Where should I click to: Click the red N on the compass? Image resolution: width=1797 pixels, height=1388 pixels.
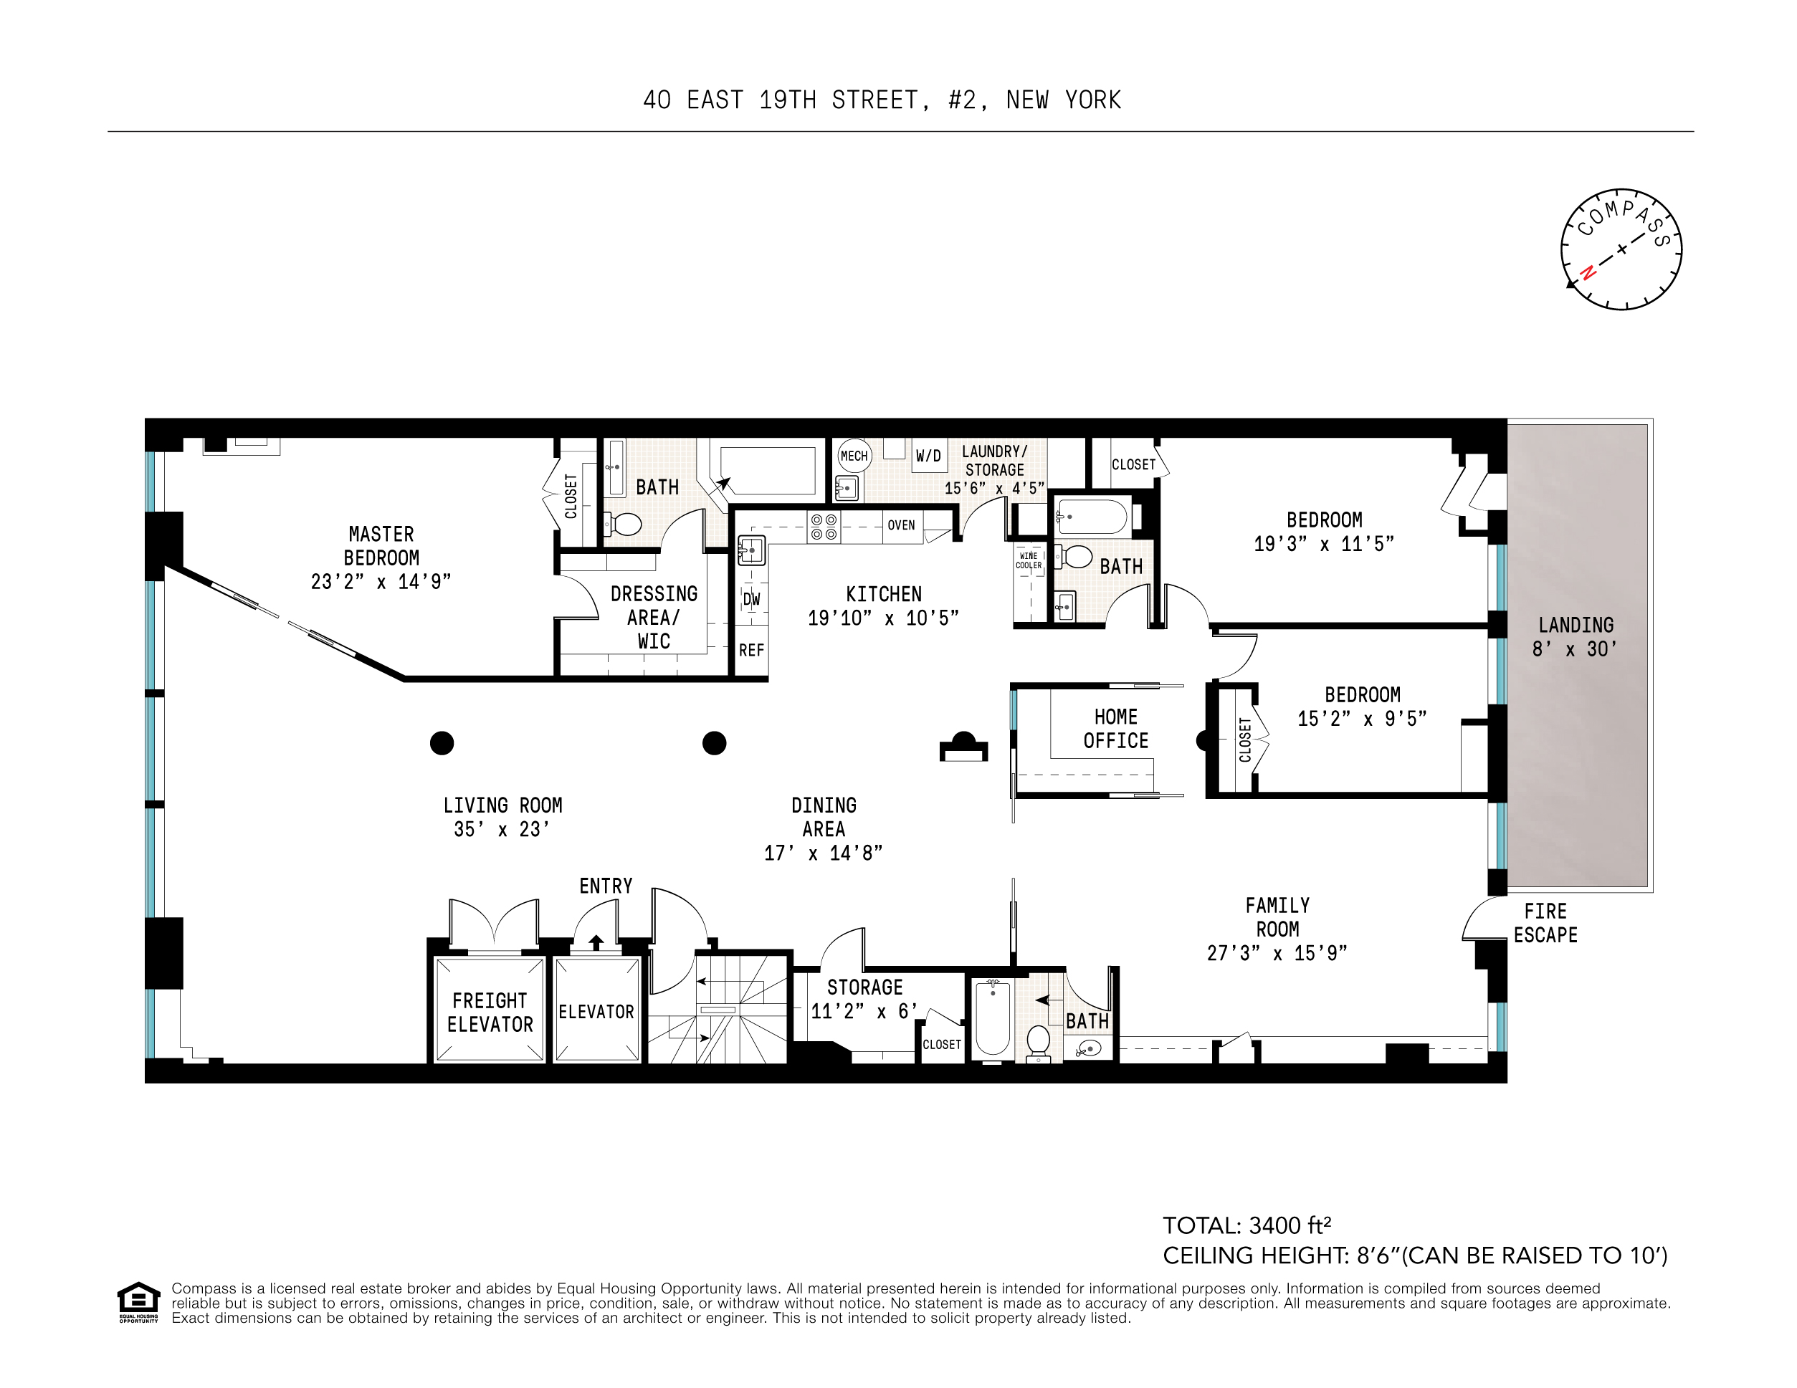click(1588, 272)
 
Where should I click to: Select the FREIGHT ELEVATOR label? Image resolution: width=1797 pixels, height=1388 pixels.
click(490, 1012)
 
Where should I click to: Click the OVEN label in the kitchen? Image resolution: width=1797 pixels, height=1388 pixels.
click(901, 525)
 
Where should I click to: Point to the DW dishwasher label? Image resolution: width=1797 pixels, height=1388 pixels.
click(751, 599)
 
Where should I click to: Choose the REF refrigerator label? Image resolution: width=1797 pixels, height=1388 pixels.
click(751, 650)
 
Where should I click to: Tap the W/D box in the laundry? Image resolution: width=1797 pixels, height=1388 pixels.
click(928, 456)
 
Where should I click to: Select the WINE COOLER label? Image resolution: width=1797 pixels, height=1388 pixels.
click(1029, 560)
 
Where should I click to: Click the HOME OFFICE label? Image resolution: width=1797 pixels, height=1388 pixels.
click(1116, 728)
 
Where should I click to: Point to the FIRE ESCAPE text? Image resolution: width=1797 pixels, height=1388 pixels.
click(1545, 923)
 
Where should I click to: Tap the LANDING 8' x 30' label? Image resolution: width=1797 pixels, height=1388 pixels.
click(1575, 637)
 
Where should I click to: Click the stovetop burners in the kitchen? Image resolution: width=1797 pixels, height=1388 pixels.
click(824, 527)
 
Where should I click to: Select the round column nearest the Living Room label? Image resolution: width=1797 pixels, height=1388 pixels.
click(442, 743)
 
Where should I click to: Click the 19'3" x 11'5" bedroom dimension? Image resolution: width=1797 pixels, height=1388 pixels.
click(1323, 544)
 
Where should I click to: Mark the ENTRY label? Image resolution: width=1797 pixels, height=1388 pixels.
click(606, 886)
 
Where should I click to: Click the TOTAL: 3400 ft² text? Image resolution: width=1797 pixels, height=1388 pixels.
click(1247, 1226)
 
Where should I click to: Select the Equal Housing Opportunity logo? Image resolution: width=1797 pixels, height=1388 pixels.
click(138, 1301)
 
